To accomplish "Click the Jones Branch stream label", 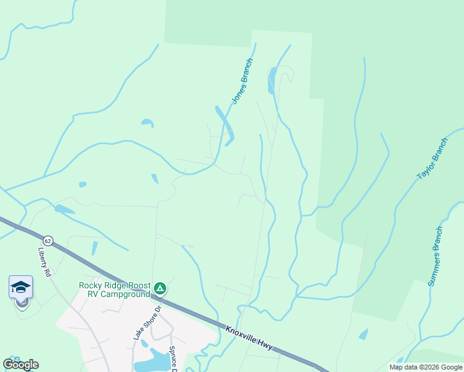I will pos(243,81).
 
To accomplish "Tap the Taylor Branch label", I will pos(432,159).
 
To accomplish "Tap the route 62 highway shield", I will pos(48,240).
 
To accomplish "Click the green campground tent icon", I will pos(160,288).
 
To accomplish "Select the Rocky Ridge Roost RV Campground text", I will pos(114,290).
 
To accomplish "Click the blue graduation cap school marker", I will pos(20,287).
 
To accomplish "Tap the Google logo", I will pos(20,365).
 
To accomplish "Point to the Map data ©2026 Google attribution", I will pos(425,367).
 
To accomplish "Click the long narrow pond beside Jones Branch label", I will pos(224,124).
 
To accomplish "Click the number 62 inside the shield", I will pos(48,240).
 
